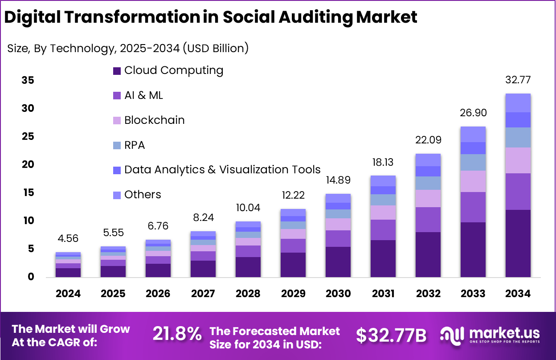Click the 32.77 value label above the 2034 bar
(518, 81)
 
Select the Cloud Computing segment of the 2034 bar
(518, 243)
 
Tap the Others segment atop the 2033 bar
(473, 134)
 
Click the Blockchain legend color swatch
(117, 121)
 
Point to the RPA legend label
(135, 145)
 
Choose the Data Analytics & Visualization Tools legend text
(222, 170)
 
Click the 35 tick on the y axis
(28, 81)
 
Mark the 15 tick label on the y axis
(28, 193)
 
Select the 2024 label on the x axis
(68, 294)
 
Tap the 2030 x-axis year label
(338, 294)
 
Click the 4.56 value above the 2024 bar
(68, 238)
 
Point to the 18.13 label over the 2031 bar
(383, 162)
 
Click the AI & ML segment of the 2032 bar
(428, 220)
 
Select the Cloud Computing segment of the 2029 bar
(293, 265)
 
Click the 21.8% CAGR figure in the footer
(177, 335)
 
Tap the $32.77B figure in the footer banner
(391, 335)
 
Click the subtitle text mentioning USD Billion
(128, 49)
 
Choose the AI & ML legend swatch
(117, 96)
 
